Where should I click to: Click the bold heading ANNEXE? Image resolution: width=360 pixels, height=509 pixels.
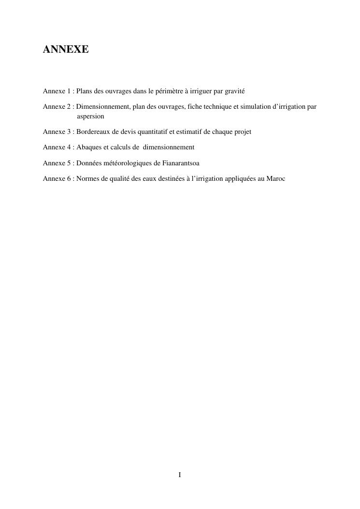(x=66, y=49)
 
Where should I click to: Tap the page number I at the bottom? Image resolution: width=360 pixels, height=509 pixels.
(x=180, y=475)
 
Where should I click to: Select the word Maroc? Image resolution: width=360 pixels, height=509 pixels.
(x=276, y=178)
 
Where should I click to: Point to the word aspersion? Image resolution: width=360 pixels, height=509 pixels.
(x=90, y=116)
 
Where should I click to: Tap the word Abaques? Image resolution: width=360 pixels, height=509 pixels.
(x=88, y=147)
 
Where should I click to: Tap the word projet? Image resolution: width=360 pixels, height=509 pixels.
(x=242, y=131)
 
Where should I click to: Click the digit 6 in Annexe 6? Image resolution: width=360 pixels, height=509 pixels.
(x=69, y=178)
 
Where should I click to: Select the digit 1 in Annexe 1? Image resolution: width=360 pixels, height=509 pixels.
(x=69, y=91)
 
